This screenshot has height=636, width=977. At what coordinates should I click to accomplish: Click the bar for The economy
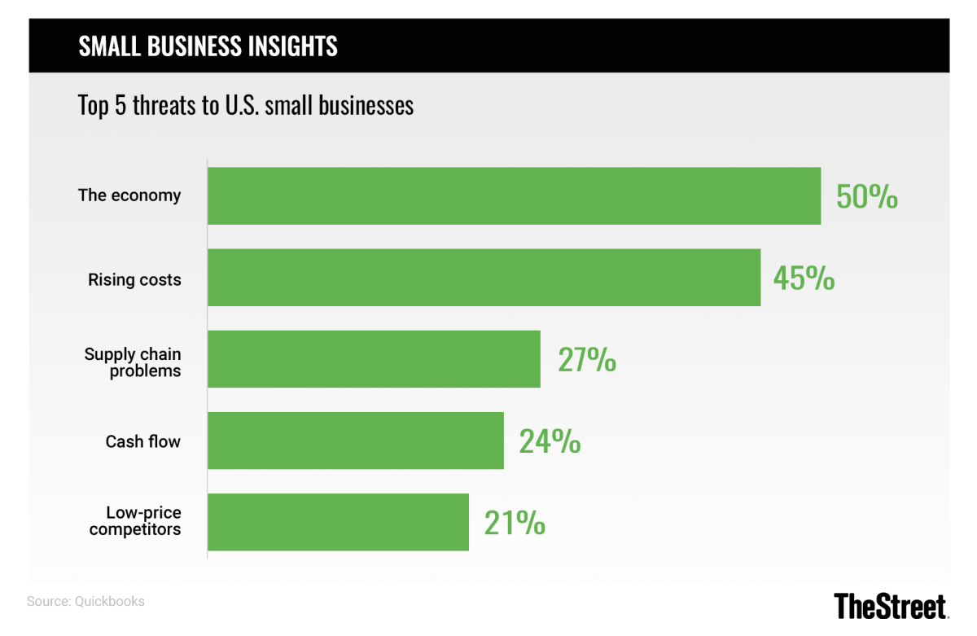tap(514, 195)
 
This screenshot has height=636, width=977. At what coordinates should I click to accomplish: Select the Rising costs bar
tap(484, 278)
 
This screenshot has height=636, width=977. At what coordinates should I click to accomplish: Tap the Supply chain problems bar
tap(374, 359)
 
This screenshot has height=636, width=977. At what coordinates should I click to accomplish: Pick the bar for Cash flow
tap(355, 441)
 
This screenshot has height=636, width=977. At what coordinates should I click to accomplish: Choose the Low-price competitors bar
tap(338, 522)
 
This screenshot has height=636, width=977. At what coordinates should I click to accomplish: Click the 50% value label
tap(866, 197)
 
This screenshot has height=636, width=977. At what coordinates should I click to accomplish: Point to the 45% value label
tap(804, 279)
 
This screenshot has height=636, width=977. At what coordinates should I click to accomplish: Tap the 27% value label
tap(586, 360)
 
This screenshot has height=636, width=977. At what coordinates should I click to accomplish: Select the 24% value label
tap(550, 441)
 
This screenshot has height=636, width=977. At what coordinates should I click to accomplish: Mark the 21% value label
tap(515, 523)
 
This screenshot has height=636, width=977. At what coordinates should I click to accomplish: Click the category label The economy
tap(129, 195)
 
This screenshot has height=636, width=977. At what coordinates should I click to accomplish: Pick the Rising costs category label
tap(134, 279)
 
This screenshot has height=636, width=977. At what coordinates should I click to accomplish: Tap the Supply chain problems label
tap(133, 362)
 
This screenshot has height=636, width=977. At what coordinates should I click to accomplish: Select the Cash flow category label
tap(143, 441)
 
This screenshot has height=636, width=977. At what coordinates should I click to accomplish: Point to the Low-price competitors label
tap(135, 521)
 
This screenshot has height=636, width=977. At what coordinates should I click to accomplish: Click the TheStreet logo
tap(891, 606)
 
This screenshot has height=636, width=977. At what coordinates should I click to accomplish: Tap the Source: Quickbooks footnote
tap(85, 602)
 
